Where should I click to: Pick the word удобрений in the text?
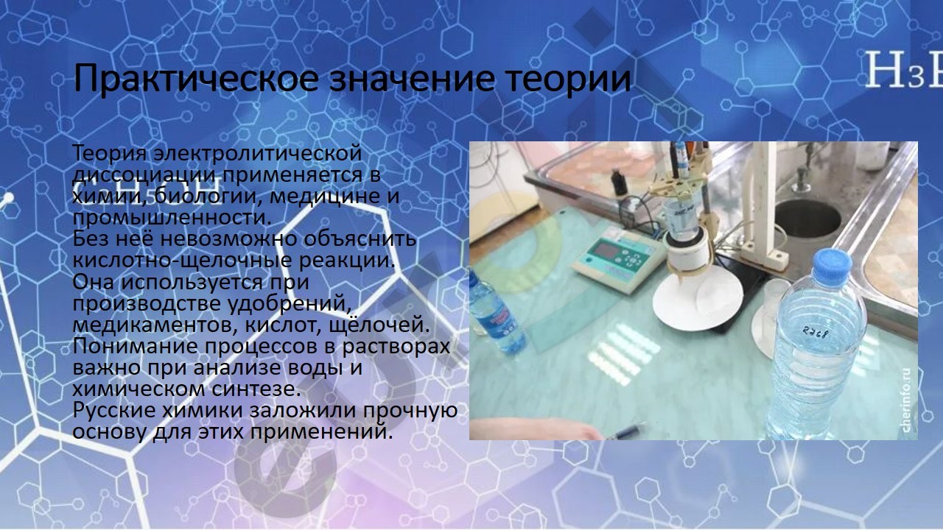pos(290,304)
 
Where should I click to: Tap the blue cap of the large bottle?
pos(832,266)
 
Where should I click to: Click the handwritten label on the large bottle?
pos(816,333)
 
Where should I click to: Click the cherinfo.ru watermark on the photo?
pos(906,400)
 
